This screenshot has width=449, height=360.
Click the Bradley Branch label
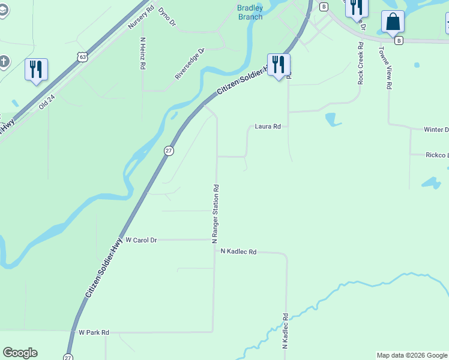tap(250, 13)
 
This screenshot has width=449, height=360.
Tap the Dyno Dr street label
tap(167, 17)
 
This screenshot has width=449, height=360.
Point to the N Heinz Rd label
tap(143, 55)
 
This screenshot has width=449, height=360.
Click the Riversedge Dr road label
tap(190, 64)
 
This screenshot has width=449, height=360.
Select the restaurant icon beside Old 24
tap(36, 69)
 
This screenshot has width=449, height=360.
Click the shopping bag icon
tap(393, 22)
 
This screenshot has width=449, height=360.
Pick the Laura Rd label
tap(268, 127)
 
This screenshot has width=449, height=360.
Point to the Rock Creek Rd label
tap(360, 62)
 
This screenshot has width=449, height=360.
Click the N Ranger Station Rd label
tap(214, 214)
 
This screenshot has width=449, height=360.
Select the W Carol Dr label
tap(141, 240)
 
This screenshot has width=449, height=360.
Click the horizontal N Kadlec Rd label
tap(238, 252)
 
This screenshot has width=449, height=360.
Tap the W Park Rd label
tap(94, 332)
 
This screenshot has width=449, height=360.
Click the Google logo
tap(20, 353)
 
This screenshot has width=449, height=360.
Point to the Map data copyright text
tap(412, 356)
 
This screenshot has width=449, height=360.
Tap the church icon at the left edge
tap(4, 62)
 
